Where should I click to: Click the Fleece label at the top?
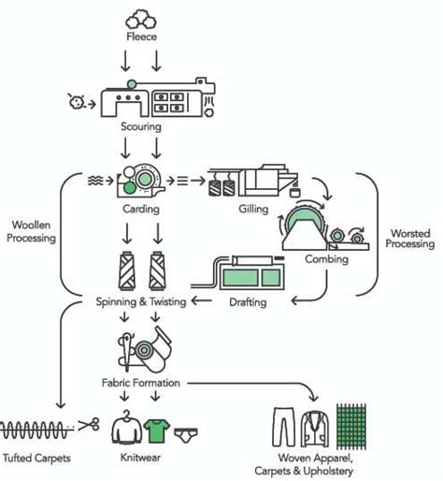click(141, 38)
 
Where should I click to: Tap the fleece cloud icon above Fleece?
click(141, 18)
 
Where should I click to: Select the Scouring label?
click(141, 124)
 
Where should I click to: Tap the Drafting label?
click(248, 301)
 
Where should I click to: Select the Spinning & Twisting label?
click(141, 301)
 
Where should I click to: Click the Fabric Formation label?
click(141, 383)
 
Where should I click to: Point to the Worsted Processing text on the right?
click(410, 237)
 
